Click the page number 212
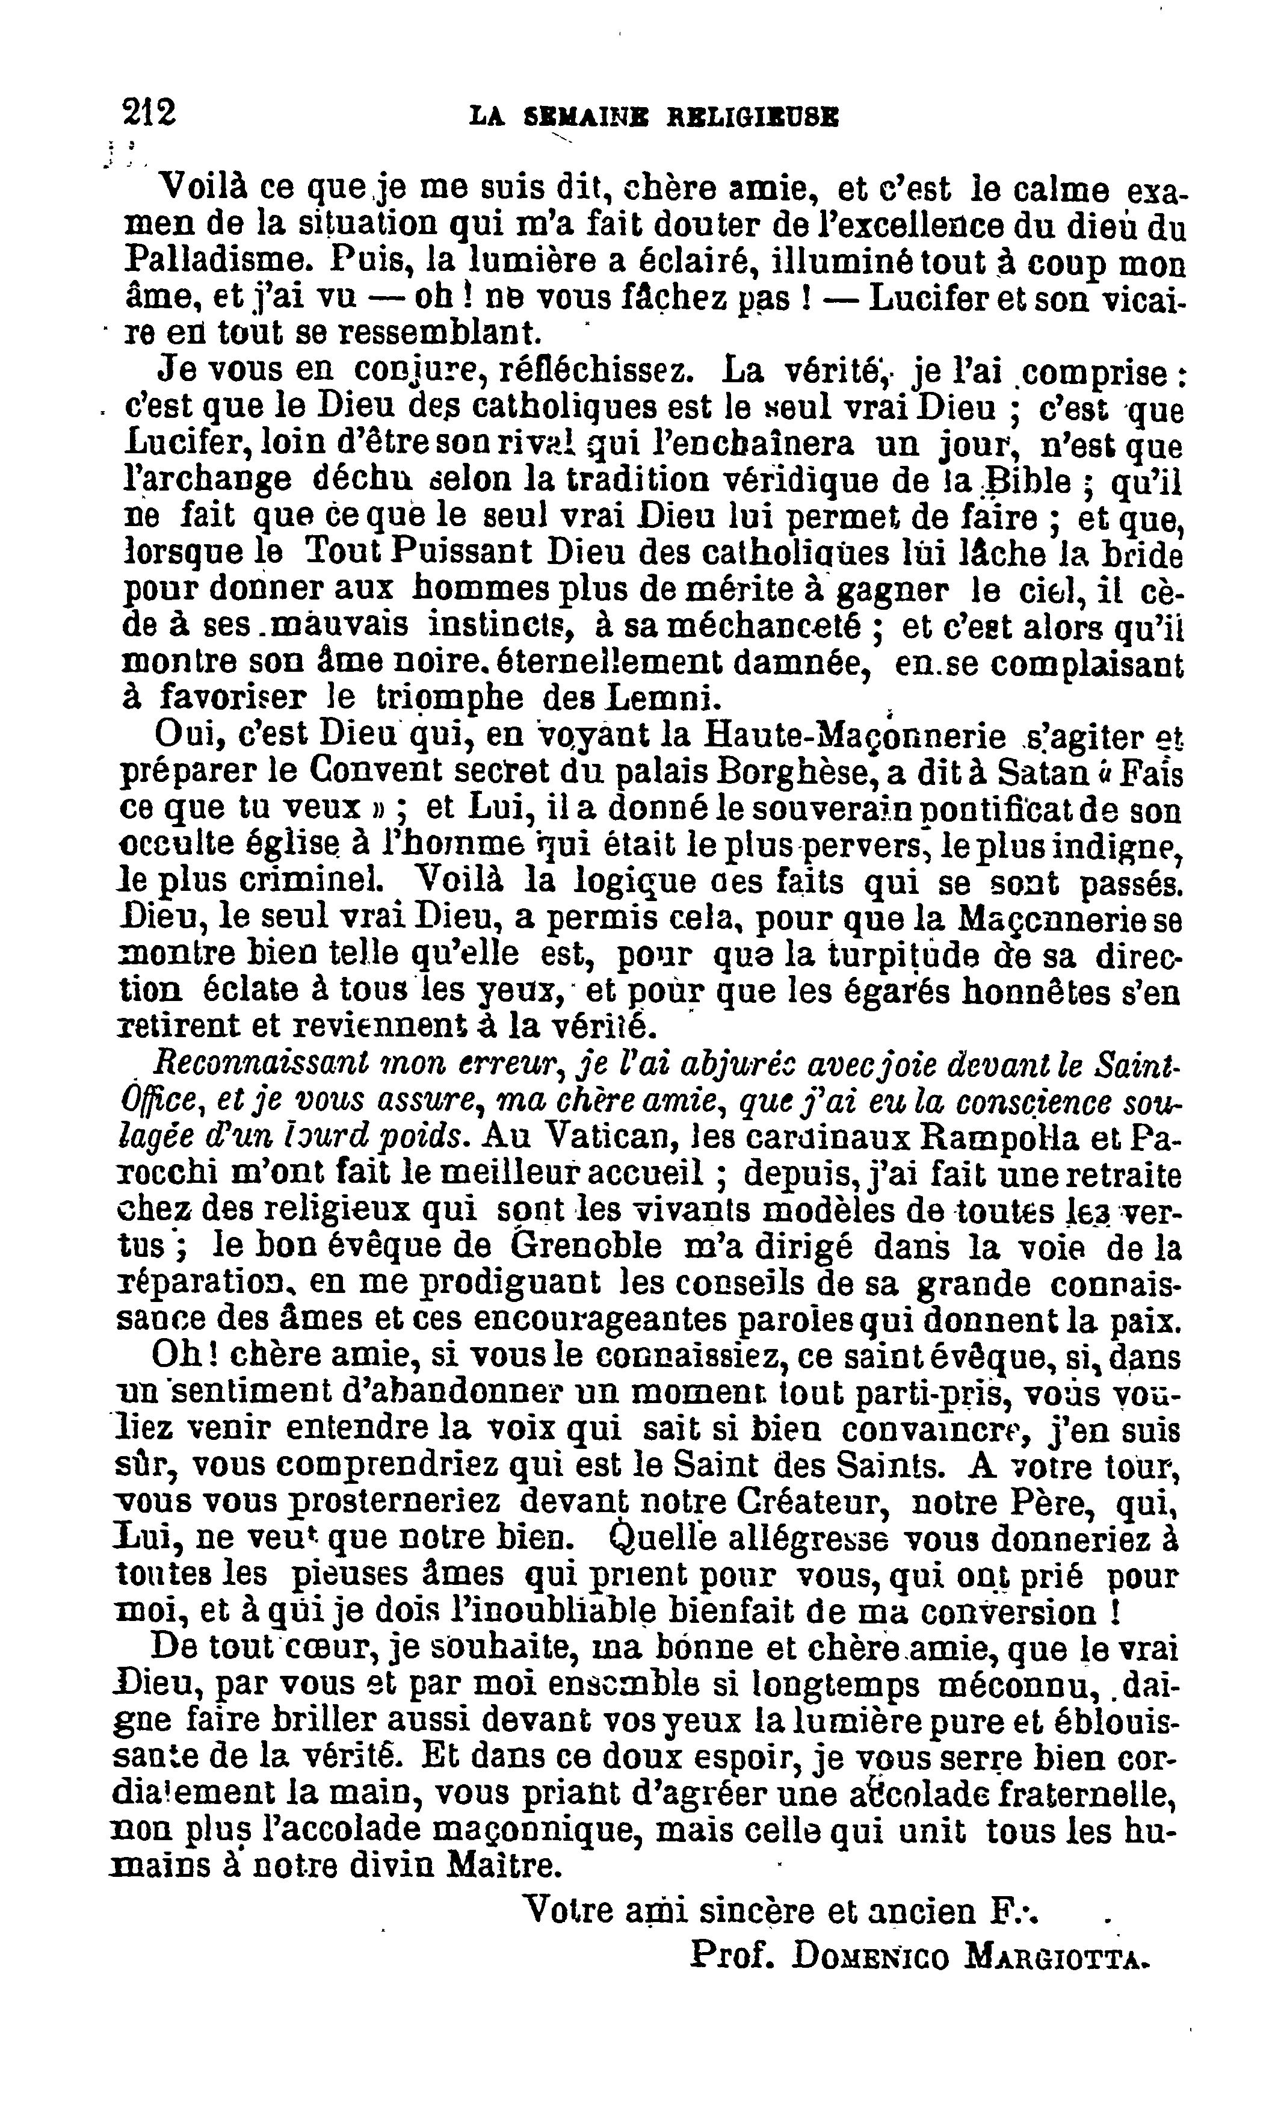[x=149, y=112]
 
